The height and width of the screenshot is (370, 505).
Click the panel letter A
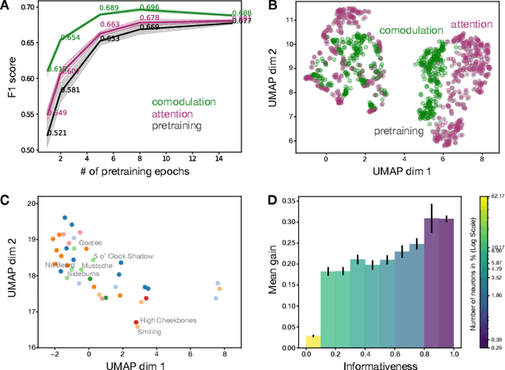[6, 7]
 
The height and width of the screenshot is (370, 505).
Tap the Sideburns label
[84, 275]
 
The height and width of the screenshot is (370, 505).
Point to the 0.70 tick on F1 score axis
[30, 8]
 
